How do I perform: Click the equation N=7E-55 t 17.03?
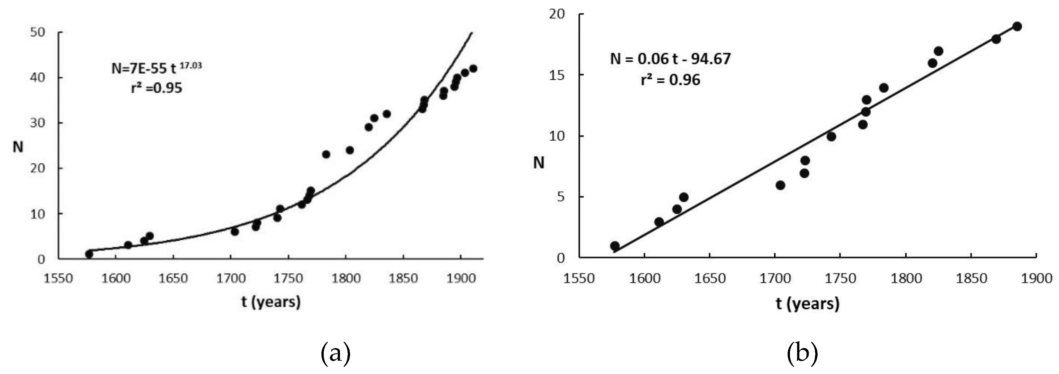pos(156,68)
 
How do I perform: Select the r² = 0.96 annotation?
pos(670,80)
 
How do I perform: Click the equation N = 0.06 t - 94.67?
pos(670,59)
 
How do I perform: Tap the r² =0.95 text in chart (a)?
pos(156,88)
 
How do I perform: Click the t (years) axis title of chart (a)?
pos(271,302)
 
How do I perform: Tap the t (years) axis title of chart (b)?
pos(808,303)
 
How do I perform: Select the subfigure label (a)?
pos(335,353)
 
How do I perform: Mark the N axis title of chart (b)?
pos(538,163)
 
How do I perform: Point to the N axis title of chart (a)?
pos(18,147)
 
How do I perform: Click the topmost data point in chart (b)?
pos(1017,27)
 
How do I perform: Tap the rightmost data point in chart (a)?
pos(473,69)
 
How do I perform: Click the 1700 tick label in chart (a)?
pos(231,278)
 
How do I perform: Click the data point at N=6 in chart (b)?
pos(780,185)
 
